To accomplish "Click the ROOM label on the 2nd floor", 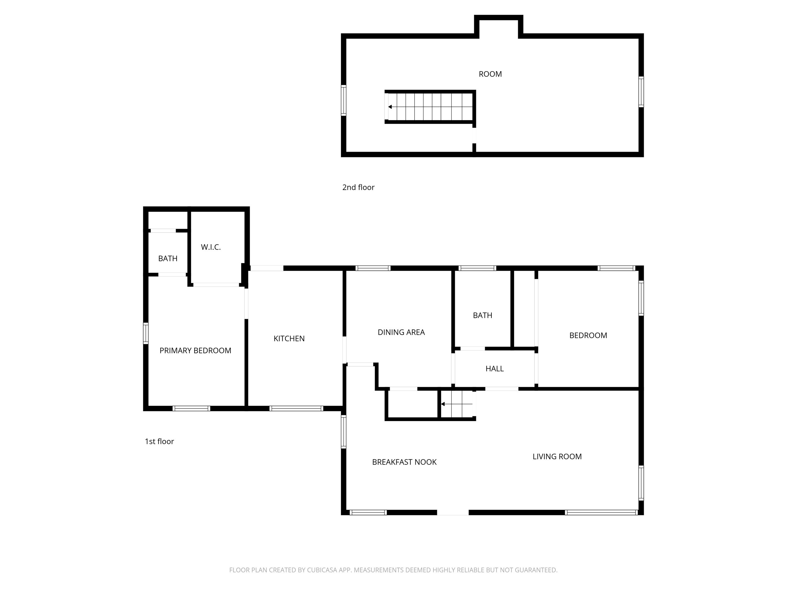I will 490,74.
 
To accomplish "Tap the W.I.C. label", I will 211,247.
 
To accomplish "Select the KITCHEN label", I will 289,339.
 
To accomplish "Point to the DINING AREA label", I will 401,332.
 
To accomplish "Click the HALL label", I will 494,369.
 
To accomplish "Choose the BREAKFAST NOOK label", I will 404,462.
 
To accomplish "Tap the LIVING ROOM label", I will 557,457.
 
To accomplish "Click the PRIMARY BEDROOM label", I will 195,351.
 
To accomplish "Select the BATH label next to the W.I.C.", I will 167,259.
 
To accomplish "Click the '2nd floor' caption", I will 358,188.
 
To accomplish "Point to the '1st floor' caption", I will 159,441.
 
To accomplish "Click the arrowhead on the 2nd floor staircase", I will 390,107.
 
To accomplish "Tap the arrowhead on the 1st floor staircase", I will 443,404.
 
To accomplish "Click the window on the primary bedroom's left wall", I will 145,333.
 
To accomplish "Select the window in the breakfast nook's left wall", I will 343,432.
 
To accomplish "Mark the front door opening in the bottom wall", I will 453,513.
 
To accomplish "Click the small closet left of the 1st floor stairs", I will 412,404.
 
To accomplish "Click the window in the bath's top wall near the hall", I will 477,268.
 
